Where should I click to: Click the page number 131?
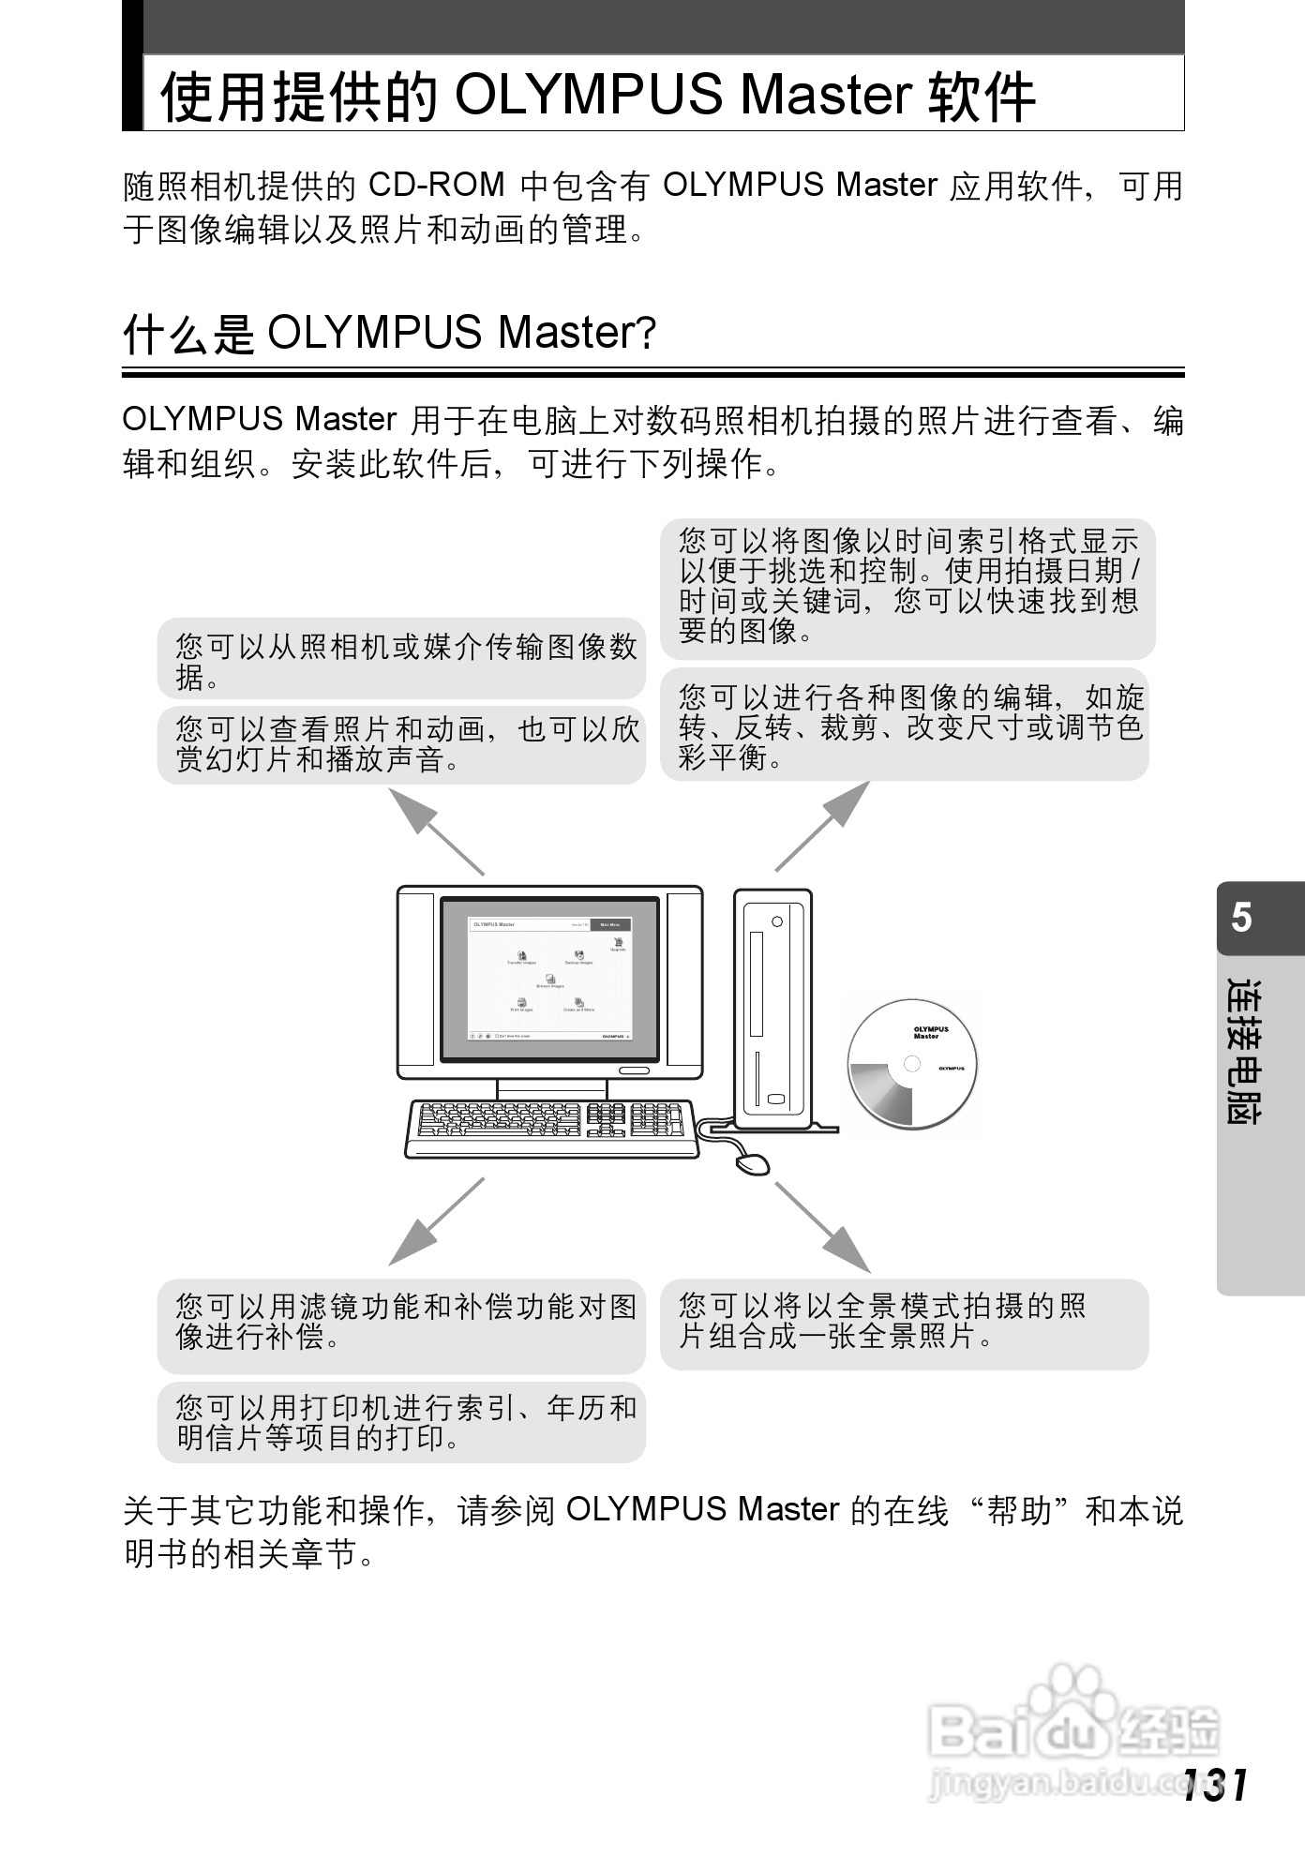[x=1215, y=1785]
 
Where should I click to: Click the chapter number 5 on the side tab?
[x=1241, y=917]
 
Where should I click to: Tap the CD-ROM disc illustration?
[x=912, y=1064]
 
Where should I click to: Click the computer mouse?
[x=752, y=1163]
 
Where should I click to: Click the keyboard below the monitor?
[x=552, y=1128]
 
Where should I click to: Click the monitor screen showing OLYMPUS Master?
[x=550, y=979]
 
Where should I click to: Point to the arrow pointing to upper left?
[x=435, y=831]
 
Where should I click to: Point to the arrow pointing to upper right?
[x=823, y=826]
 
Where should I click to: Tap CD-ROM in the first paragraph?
[x=436, y=185]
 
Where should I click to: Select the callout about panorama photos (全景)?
[x=904, y=1323]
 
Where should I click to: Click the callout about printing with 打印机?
[x=401, y=1421]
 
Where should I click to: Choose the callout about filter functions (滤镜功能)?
[x=401, y=1322]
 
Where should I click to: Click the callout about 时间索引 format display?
[x=907, y=587]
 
